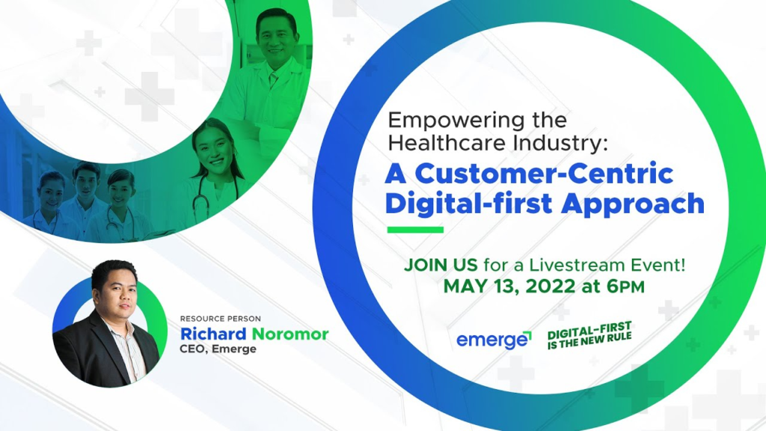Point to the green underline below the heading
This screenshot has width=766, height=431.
[414, 230]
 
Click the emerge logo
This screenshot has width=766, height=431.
[494, 340]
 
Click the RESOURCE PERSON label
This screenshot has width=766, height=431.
[220, 319]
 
